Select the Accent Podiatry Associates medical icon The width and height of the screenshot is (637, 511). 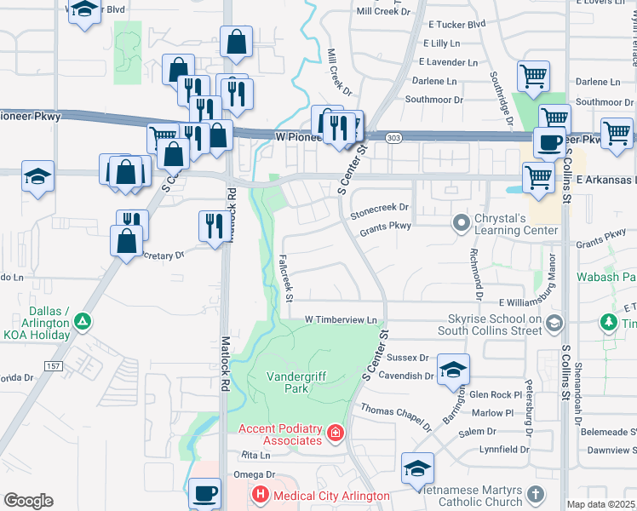336,434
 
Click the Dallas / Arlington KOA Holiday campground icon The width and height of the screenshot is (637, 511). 82,322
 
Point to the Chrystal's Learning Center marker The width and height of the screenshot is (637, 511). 462,223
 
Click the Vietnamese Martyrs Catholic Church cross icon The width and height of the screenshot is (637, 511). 536,494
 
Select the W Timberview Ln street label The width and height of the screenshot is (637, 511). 341,319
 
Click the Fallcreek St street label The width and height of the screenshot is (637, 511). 286,277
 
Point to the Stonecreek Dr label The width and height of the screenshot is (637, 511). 380,207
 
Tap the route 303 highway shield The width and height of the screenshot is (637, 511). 393,138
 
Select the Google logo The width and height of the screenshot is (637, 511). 28,500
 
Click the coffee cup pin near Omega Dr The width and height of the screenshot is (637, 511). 204,493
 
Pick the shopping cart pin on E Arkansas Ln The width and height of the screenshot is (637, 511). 537,176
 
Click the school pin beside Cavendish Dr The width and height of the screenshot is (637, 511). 453,370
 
